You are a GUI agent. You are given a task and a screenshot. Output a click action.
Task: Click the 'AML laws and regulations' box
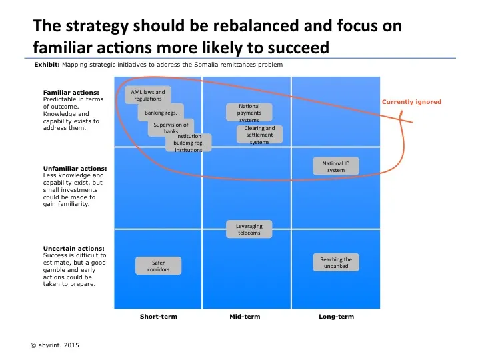coord(147,95)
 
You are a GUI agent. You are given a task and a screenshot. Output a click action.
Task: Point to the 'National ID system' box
coord(335,167)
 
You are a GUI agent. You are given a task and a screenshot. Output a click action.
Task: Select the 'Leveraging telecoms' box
coord(249,229)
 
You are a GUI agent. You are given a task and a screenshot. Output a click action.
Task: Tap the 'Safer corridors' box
coord(158,266)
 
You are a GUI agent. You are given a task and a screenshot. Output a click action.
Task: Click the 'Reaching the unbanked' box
coord(336,263)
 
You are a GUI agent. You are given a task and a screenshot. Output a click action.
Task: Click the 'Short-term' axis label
coord(159,317)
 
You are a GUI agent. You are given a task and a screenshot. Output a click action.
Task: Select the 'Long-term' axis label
coord(337,317)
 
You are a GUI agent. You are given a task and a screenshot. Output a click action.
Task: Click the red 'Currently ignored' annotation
coord(411,102)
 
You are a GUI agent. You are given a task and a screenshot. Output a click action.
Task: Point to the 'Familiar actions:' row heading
coord(71,92)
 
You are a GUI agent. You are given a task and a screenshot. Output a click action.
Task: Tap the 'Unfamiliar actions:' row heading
coord(75,168)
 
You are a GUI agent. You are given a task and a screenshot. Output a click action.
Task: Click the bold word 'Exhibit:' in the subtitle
coord(47,65)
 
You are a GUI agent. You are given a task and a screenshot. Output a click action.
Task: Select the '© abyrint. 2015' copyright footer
coord(54,345)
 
